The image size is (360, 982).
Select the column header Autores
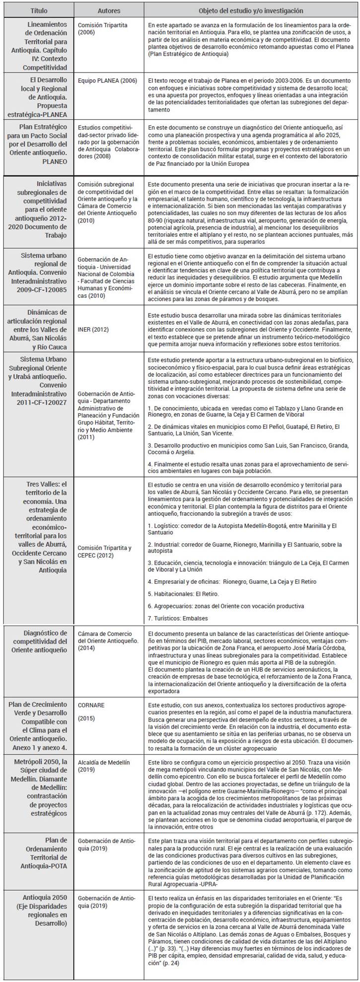click(x=108, y=10)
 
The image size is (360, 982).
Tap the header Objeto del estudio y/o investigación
click(x=251, y=10)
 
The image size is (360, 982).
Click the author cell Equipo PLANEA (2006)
click(x=103, y=79)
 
